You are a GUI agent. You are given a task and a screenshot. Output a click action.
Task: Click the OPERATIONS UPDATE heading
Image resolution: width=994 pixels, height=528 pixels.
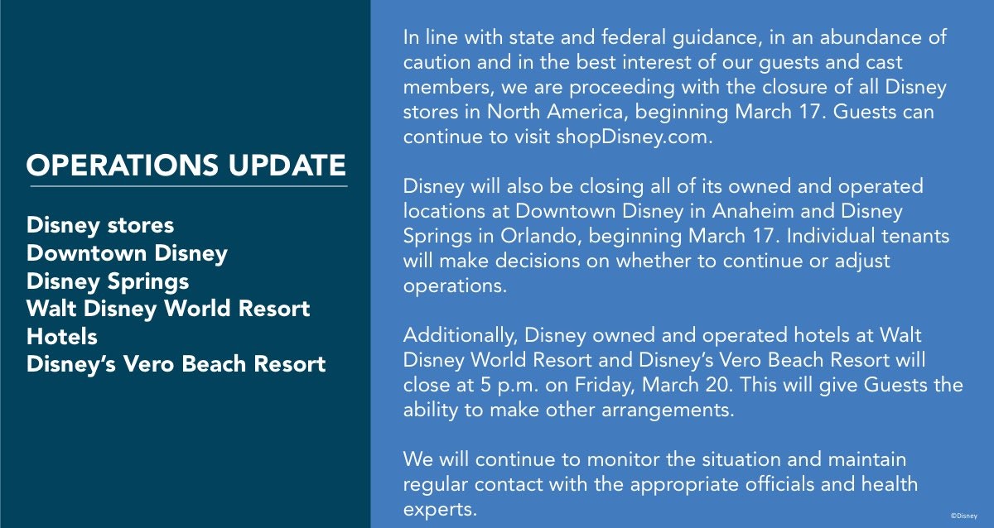(x=186, y=166)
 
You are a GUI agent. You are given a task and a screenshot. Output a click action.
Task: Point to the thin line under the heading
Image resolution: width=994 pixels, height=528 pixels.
(x=186, y=186)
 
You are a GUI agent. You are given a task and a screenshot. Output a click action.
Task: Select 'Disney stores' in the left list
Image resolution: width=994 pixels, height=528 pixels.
(x=100, y=225)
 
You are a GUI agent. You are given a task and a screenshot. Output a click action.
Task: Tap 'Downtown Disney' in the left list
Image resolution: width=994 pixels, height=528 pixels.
(x=127, y=253)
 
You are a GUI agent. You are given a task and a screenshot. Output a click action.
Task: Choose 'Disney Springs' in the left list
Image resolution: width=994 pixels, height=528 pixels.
(x=108, y=281)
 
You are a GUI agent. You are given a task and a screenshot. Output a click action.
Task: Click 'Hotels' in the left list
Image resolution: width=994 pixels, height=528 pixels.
(x=62, y=337)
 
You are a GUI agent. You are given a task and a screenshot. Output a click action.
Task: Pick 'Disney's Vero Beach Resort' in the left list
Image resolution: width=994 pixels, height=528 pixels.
(x=176, y=364)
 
